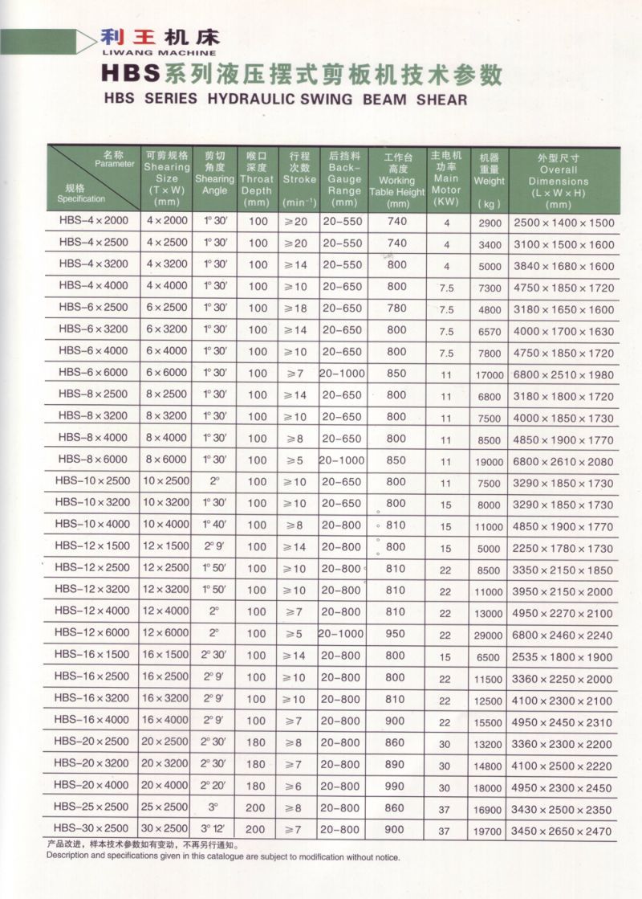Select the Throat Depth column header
coord(257,179)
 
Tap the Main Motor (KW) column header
coord(446,178)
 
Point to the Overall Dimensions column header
coord(559,182)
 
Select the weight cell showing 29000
coord(489,635)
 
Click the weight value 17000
coord(489,375)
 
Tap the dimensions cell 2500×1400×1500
coord(563,223)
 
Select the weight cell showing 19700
coord(489,831)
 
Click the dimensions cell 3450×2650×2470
coord(561,831)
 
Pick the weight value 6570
coord(489,332)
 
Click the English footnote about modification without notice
coord(222,856)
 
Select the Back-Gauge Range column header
coord(344,178)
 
